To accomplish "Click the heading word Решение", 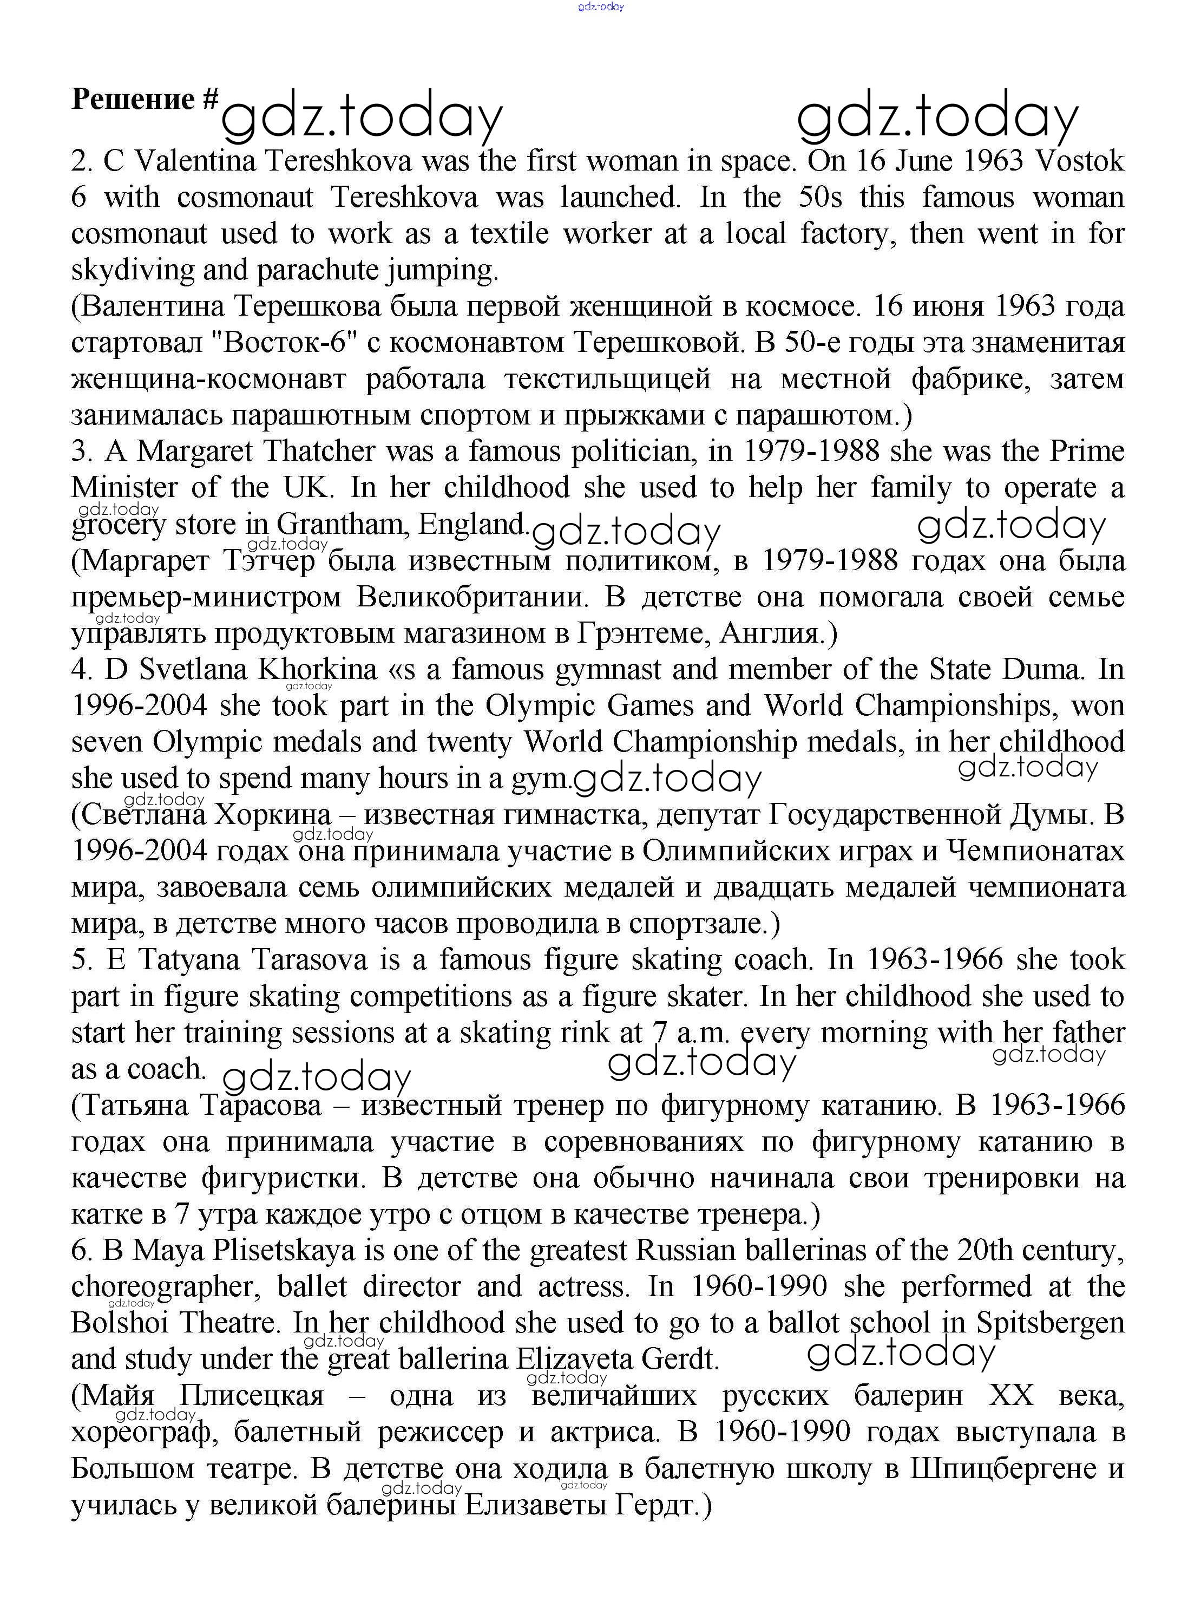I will point(133,99).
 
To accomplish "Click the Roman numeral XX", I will point(1010,1395).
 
